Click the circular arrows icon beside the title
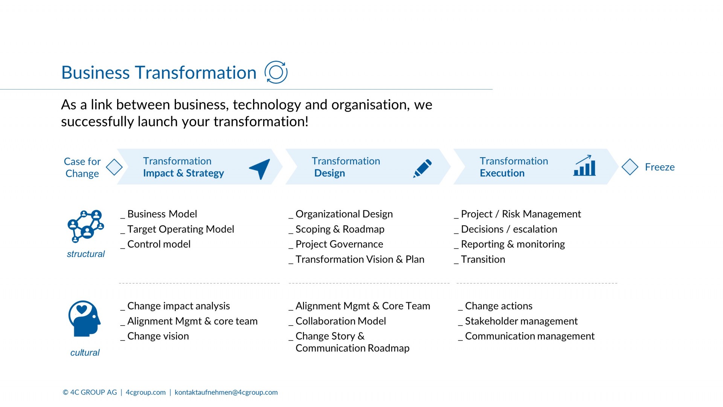click(276, 72)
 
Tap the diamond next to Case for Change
click(114, 167)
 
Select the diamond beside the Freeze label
click(630, 167)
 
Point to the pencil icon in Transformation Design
click(423, 168)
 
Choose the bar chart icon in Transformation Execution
click(584, 165)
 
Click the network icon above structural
click(86, 226)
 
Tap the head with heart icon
click(84, 318)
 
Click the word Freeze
click(660, 167)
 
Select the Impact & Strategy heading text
click(183, 173)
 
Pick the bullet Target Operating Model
click(177, 229)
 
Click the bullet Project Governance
click(336, 244)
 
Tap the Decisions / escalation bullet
click(506, 229)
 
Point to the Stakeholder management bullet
click(518, 321)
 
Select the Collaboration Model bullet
click(337, 321)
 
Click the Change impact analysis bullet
click(175, 306)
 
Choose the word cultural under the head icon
click(85, 353)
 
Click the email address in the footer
click(226, 392)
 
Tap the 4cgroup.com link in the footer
click(146, 392)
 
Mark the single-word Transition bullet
click(480, 259)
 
